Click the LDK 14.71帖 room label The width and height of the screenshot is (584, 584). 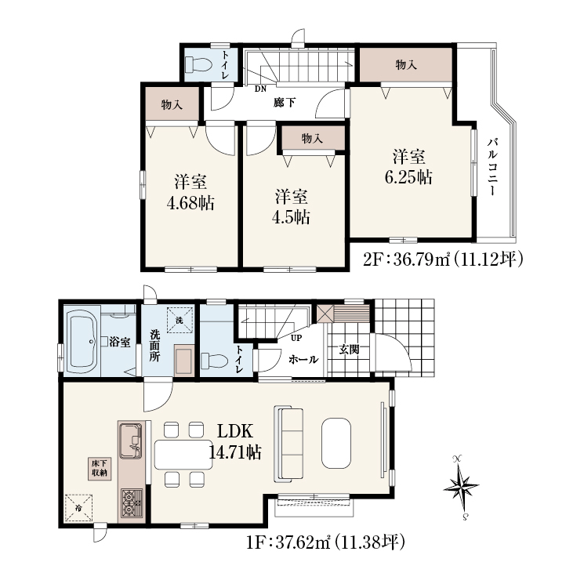[x=235, y=442]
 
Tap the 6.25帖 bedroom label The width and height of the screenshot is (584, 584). [x=408, y=167]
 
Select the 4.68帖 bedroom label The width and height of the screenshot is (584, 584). [x=190, y=193]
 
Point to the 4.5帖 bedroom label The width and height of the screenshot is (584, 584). [x=292, y=207]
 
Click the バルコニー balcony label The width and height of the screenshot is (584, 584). [x=493, y=166]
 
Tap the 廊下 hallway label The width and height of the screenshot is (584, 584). [x=285, y=103]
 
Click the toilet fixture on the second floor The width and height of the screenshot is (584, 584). [x=198, y=64]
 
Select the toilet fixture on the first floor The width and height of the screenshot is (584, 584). [x=214, y=361]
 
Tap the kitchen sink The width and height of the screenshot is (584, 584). [x=130, y=441]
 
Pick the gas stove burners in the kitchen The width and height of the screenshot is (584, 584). [x=132, y=502]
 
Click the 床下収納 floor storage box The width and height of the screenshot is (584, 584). [x=100, y=468]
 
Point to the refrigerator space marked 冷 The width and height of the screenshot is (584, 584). [x=78, y=507]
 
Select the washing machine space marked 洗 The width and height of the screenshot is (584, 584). [x=180, y=320]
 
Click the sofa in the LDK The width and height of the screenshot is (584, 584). [x=288, y=444]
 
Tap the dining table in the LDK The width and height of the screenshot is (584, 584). [x=183, y=455]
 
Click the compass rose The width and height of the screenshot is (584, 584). [x=461, y=487]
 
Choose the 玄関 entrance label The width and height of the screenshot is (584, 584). [x=349, y=350]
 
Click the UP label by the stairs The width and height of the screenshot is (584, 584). [x=296, y=338]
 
